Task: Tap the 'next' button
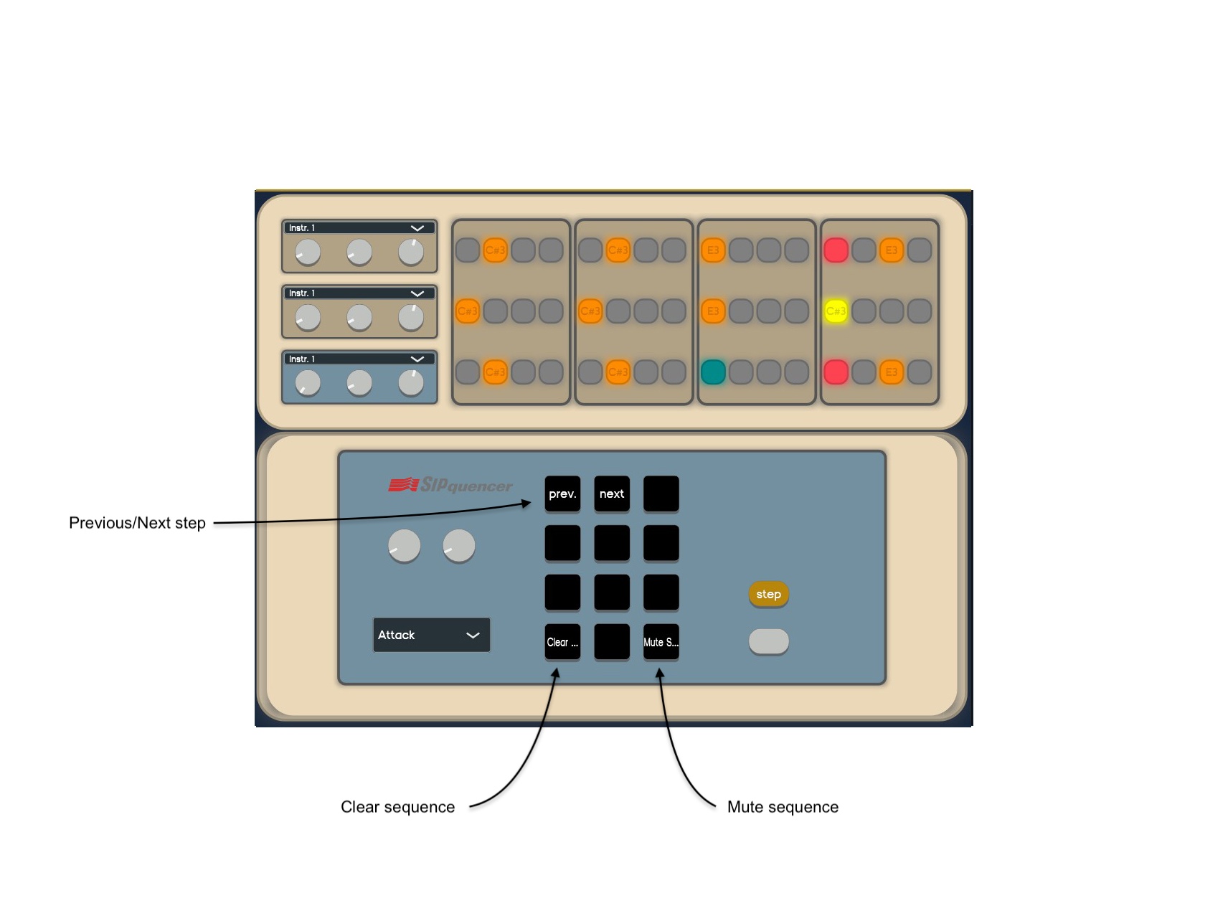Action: pos(611,494)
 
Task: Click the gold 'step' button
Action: pos(768,594)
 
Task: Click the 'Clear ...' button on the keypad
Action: pos(562,642)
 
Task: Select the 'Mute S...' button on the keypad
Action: pos(661,642)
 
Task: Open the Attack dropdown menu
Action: pos(431,635)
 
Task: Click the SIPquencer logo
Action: pos(450,486)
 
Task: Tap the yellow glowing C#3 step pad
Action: pos(836,311)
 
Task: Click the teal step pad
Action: pos(713,372)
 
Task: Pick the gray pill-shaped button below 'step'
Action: pos(768,641)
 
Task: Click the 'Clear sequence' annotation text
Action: pos(397,807)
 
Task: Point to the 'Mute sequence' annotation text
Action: pos(783,807)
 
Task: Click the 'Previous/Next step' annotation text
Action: pos(137,523)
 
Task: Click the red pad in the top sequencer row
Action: pos(836,250)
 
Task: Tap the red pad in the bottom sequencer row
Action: pos(836,372)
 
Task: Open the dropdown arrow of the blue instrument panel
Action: pos(417,359)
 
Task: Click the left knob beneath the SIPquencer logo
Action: pos(404,546)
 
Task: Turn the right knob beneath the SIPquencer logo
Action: pos(459,546)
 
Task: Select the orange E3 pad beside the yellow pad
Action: pos(713,311)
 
